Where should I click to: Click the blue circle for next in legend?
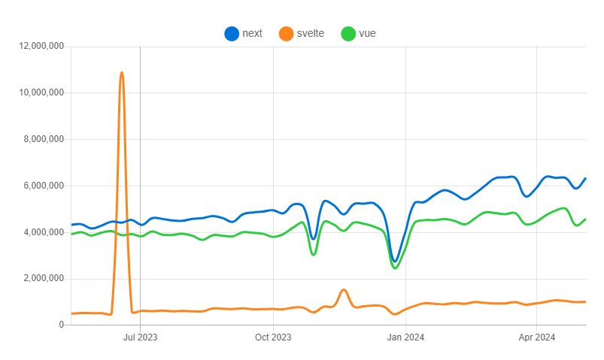pos(232,33)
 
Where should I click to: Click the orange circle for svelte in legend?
pos(286,33)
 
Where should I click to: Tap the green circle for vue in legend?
pos(348,33)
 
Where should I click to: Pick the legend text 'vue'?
pos(368,33)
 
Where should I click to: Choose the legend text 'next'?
pos(252,33)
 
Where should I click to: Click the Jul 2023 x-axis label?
pos(140,338)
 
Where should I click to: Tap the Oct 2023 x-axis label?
pos(272,338)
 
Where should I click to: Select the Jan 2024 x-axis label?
pos(405,338)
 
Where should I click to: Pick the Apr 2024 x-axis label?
pos(537,338)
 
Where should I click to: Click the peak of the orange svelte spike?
pos(121,73)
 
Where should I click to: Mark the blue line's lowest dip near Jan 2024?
pos(395,261)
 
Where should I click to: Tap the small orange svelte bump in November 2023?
pos(344,289)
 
